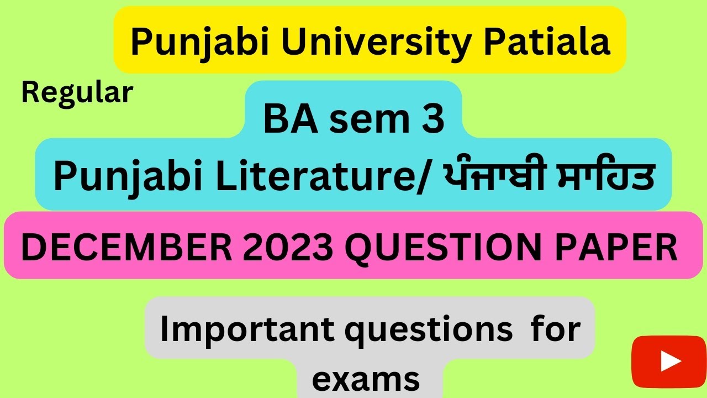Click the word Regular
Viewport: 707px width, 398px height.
77,93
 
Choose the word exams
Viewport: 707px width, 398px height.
366,379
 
